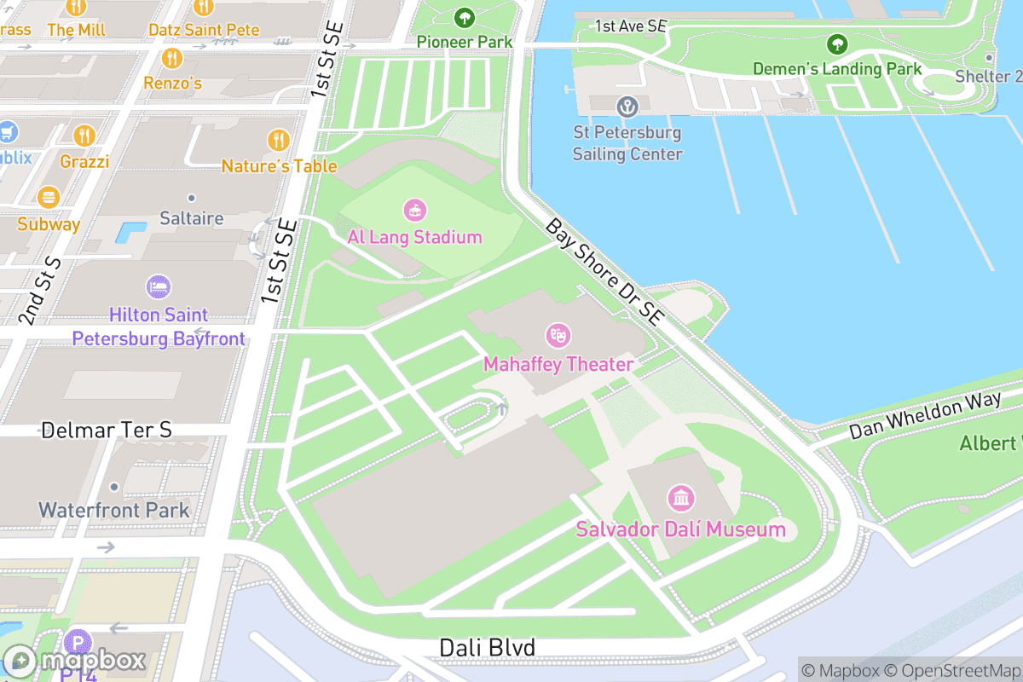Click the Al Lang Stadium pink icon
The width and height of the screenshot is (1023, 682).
[x=415, y=209]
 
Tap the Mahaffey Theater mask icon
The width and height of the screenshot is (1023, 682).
[x=558, y=335]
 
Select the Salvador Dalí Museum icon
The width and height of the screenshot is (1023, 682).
[x=680, y=498]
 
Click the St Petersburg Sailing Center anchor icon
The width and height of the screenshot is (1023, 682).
[x=627, y=107]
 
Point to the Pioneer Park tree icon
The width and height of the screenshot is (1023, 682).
[x=465, y=17]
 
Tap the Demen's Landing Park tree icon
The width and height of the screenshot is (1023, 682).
[x=837, y=43]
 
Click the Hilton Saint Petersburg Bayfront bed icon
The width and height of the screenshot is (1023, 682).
[x=158, y=286]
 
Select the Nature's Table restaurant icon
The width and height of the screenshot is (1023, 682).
[x=279, y=140]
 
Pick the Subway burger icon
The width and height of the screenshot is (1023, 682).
[x=49, y=199]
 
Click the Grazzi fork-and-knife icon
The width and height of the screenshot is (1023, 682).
[x=84, y=135]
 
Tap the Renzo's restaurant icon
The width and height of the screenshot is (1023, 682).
[x=172, y=58]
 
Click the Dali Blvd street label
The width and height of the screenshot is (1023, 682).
[x=487, y=648]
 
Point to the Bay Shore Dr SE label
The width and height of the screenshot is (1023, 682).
[x=604, y=272]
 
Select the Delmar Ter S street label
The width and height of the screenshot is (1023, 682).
[x=107, y=430]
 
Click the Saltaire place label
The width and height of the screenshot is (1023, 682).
[x=192, y=218]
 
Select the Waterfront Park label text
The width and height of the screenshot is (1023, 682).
[x=113, y=511]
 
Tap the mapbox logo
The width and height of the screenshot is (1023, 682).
[x=77, y=661]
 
